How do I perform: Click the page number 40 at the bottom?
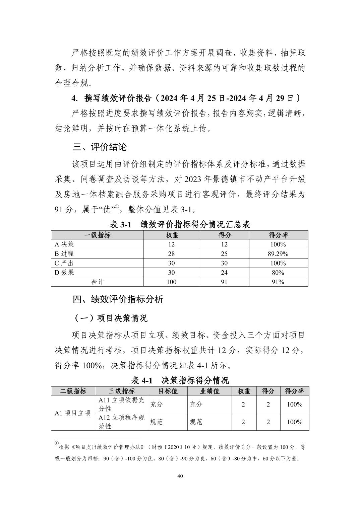[x=180, y=476]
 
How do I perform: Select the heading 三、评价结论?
[x=100, y=147]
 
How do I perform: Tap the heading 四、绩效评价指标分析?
[x=118, y=299]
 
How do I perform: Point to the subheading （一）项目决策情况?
[x=110, y=318]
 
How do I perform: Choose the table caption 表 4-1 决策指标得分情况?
[x=180, y=380]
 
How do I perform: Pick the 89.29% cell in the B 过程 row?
[x=278, y=254]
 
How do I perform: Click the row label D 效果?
[x=64, y=273]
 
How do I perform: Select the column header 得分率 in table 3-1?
[x=278, y=235]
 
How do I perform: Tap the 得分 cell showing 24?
[x=225, y=273]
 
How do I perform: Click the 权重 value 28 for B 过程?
[x=172, y=254]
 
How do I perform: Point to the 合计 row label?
[x=97, y=282]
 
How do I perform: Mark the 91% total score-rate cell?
[x=278, y=282]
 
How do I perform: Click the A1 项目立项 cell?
[x=73, y=413]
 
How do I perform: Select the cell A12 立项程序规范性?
[x=121, y=422]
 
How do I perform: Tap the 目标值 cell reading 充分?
[x=157, y=404]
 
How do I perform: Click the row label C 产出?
[x=64, y=263]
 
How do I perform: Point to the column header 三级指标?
[x=121, y=391]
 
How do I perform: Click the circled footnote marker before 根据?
[x=57, y=443]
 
